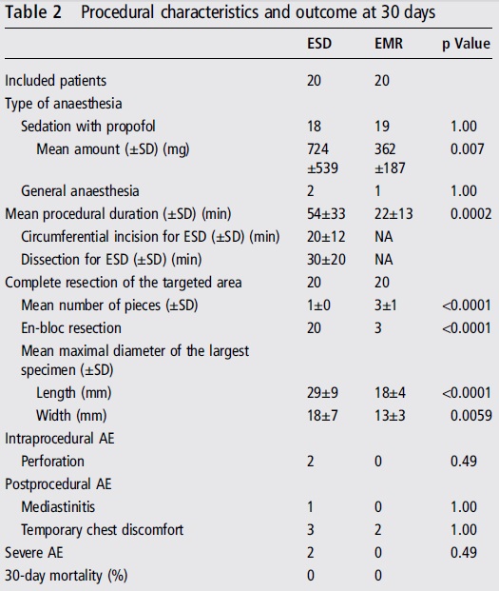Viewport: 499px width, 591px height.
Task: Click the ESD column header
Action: tap(319, 44)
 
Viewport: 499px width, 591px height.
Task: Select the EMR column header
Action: tap(389, 44)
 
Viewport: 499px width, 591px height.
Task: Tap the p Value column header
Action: tap(466, 44)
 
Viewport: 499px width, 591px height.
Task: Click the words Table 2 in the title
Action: tap(33, 12)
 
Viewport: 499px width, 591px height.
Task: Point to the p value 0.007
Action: tap(467, 149)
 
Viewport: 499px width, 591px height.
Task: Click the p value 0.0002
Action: tap(470, 214)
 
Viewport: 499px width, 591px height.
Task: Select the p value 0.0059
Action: tap(470, 415)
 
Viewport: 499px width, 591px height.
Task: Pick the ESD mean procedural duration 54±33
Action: tap(326, 214)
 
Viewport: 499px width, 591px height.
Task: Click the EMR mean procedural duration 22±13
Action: tap(393, 214)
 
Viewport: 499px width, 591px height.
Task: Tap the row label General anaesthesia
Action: tap(80, 190)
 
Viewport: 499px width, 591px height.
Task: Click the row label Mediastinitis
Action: tap(58, 507)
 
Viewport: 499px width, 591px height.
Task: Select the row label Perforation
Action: tap(52, 462)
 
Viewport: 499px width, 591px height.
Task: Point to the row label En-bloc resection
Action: tap(71, 328)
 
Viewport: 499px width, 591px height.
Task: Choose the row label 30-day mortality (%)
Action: tap(67, 576)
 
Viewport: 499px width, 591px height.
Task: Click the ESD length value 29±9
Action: tap(322, 393)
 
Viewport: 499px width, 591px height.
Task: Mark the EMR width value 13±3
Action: tap(390, 415)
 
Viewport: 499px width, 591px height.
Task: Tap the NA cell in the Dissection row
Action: tap(383, 259)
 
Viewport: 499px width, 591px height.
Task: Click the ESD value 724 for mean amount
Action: tap(317, 149)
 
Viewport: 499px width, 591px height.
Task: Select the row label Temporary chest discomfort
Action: tap(102, 530)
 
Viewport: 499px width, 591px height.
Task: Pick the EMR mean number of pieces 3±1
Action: tap(385, 305)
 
